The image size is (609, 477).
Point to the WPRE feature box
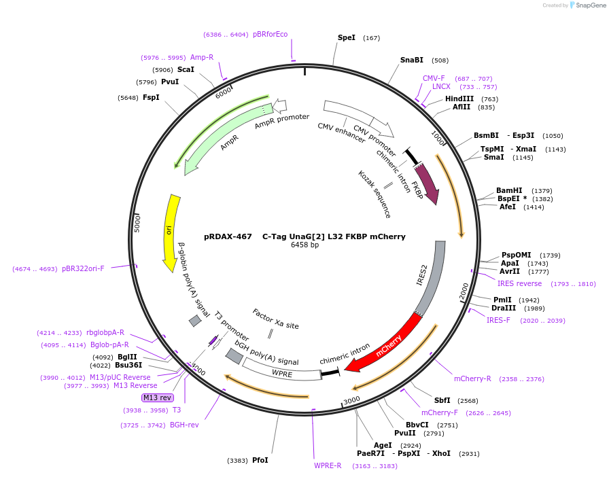(x=281, y=372)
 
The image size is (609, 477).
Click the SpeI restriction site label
(x=347, y=38)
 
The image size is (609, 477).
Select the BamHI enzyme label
(x=509, y=190)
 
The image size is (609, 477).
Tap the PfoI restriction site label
(x=260, y=460)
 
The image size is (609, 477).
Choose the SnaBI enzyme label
(x=411, y=60)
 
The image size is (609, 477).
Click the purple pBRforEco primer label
(x=270, y=34)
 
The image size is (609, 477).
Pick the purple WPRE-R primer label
(x=328, y=465)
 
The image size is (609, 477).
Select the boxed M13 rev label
(x=157, y=397)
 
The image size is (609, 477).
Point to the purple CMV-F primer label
(x=434, y=78)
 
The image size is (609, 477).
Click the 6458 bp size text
(x=304, y=245)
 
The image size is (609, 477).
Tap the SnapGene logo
(x=587, y=5)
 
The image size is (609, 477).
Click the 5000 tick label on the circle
(x=138, y=223)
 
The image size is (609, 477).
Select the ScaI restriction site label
(x=186, y=69)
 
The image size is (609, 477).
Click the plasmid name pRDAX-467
(x=228, y=236)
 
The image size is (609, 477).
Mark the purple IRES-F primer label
(x=498, y=320)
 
